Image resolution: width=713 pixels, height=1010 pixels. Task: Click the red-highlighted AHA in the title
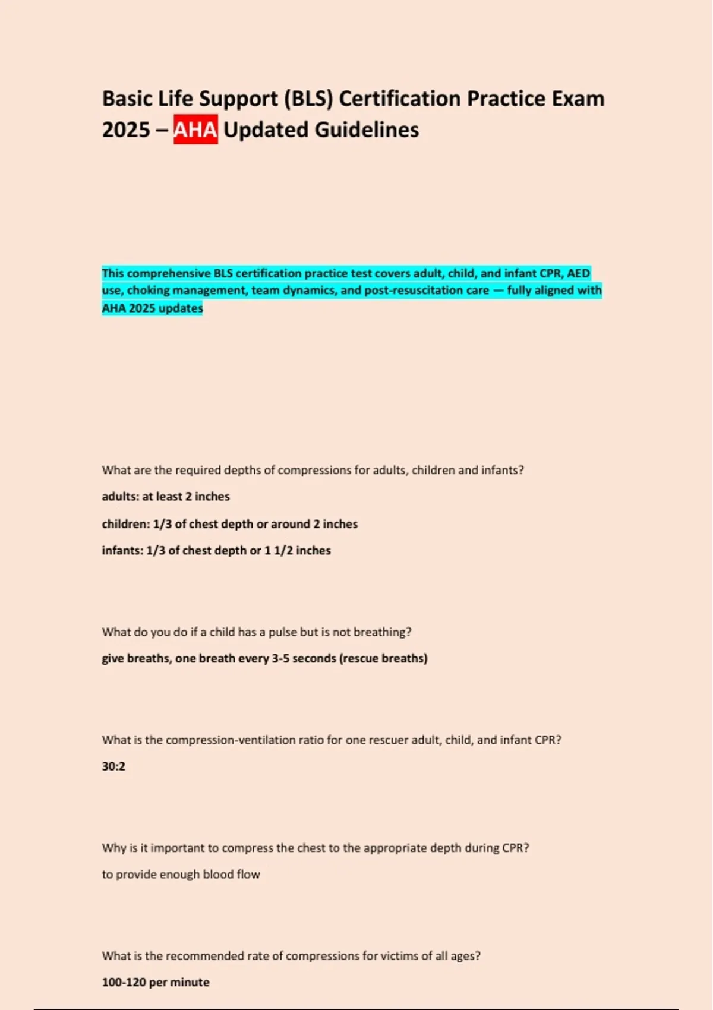point(195,130)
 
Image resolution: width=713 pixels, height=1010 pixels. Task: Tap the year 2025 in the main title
point(126,130)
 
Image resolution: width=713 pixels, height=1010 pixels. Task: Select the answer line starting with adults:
point(166,497)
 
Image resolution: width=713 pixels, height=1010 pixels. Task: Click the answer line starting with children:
point(229,524)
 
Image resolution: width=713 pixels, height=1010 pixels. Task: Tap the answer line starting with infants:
point(216,551)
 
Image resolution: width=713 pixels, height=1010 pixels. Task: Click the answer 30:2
point(113,766)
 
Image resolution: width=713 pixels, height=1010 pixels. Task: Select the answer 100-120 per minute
point(156,983)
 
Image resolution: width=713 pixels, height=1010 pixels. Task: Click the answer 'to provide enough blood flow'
point(181,875)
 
